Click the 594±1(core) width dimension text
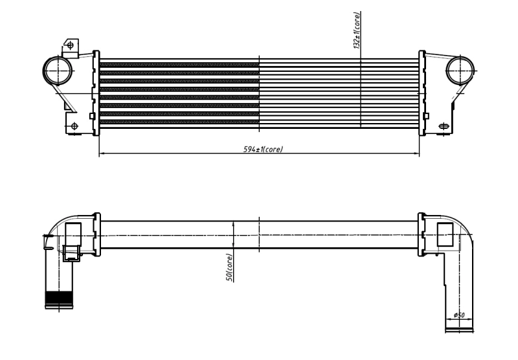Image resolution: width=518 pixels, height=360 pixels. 262,149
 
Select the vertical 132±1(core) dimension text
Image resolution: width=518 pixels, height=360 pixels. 357,30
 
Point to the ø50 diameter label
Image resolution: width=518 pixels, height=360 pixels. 460,315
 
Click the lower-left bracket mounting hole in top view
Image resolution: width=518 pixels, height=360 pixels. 74,125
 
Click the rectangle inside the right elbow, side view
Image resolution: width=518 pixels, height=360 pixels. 445,234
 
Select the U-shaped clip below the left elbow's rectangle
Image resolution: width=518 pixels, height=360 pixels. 71,254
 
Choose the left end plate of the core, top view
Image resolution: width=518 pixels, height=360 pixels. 96,92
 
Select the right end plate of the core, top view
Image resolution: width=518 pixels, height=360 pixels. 422,92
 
